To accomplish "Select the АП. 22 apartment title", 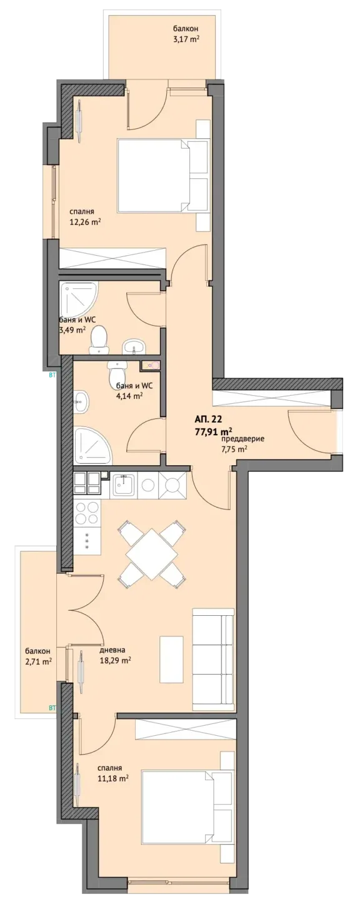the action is (209, 418).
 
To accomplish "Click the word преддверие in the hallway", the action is (242, 439).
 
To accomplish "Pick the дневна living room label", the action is (112, 650).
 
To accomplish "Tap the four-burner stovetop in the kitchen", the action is (87, 513).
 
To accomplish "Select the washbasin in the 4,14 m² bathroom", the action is (81, 401).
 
